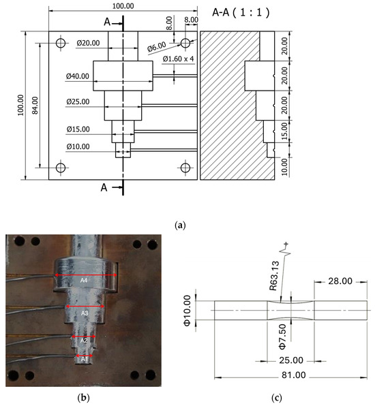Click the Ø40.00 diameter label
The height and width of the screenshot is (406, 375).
pyautogui.click(x=78, y=76)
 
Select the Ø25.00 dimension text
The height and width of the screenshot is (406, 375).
pyautogui.click(x=78, y=101)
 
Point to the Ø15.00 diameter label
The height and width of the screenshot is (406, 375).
pyautogui.click(x=78, y=129)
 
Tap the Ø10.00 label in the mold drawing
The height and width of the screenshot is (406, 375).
pyautogui.click(x=78, y=146)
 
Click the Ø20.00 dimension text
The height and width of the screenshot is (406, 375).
pyautogui.click(x=88, y=43)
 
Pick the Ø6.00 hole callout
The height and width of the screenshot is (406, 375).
pyautogui.click(x=157, y=47)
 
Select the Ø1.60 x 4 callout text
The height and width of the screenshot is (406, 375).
pyautogui.click(x=178, y=59)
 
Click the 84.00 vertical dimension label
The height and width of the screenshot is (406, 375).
pyautogui.click(x=35, y=105)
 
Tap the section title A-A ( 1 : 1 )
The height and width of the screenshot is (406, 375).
pyautogui.click(x=241, y=12)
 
